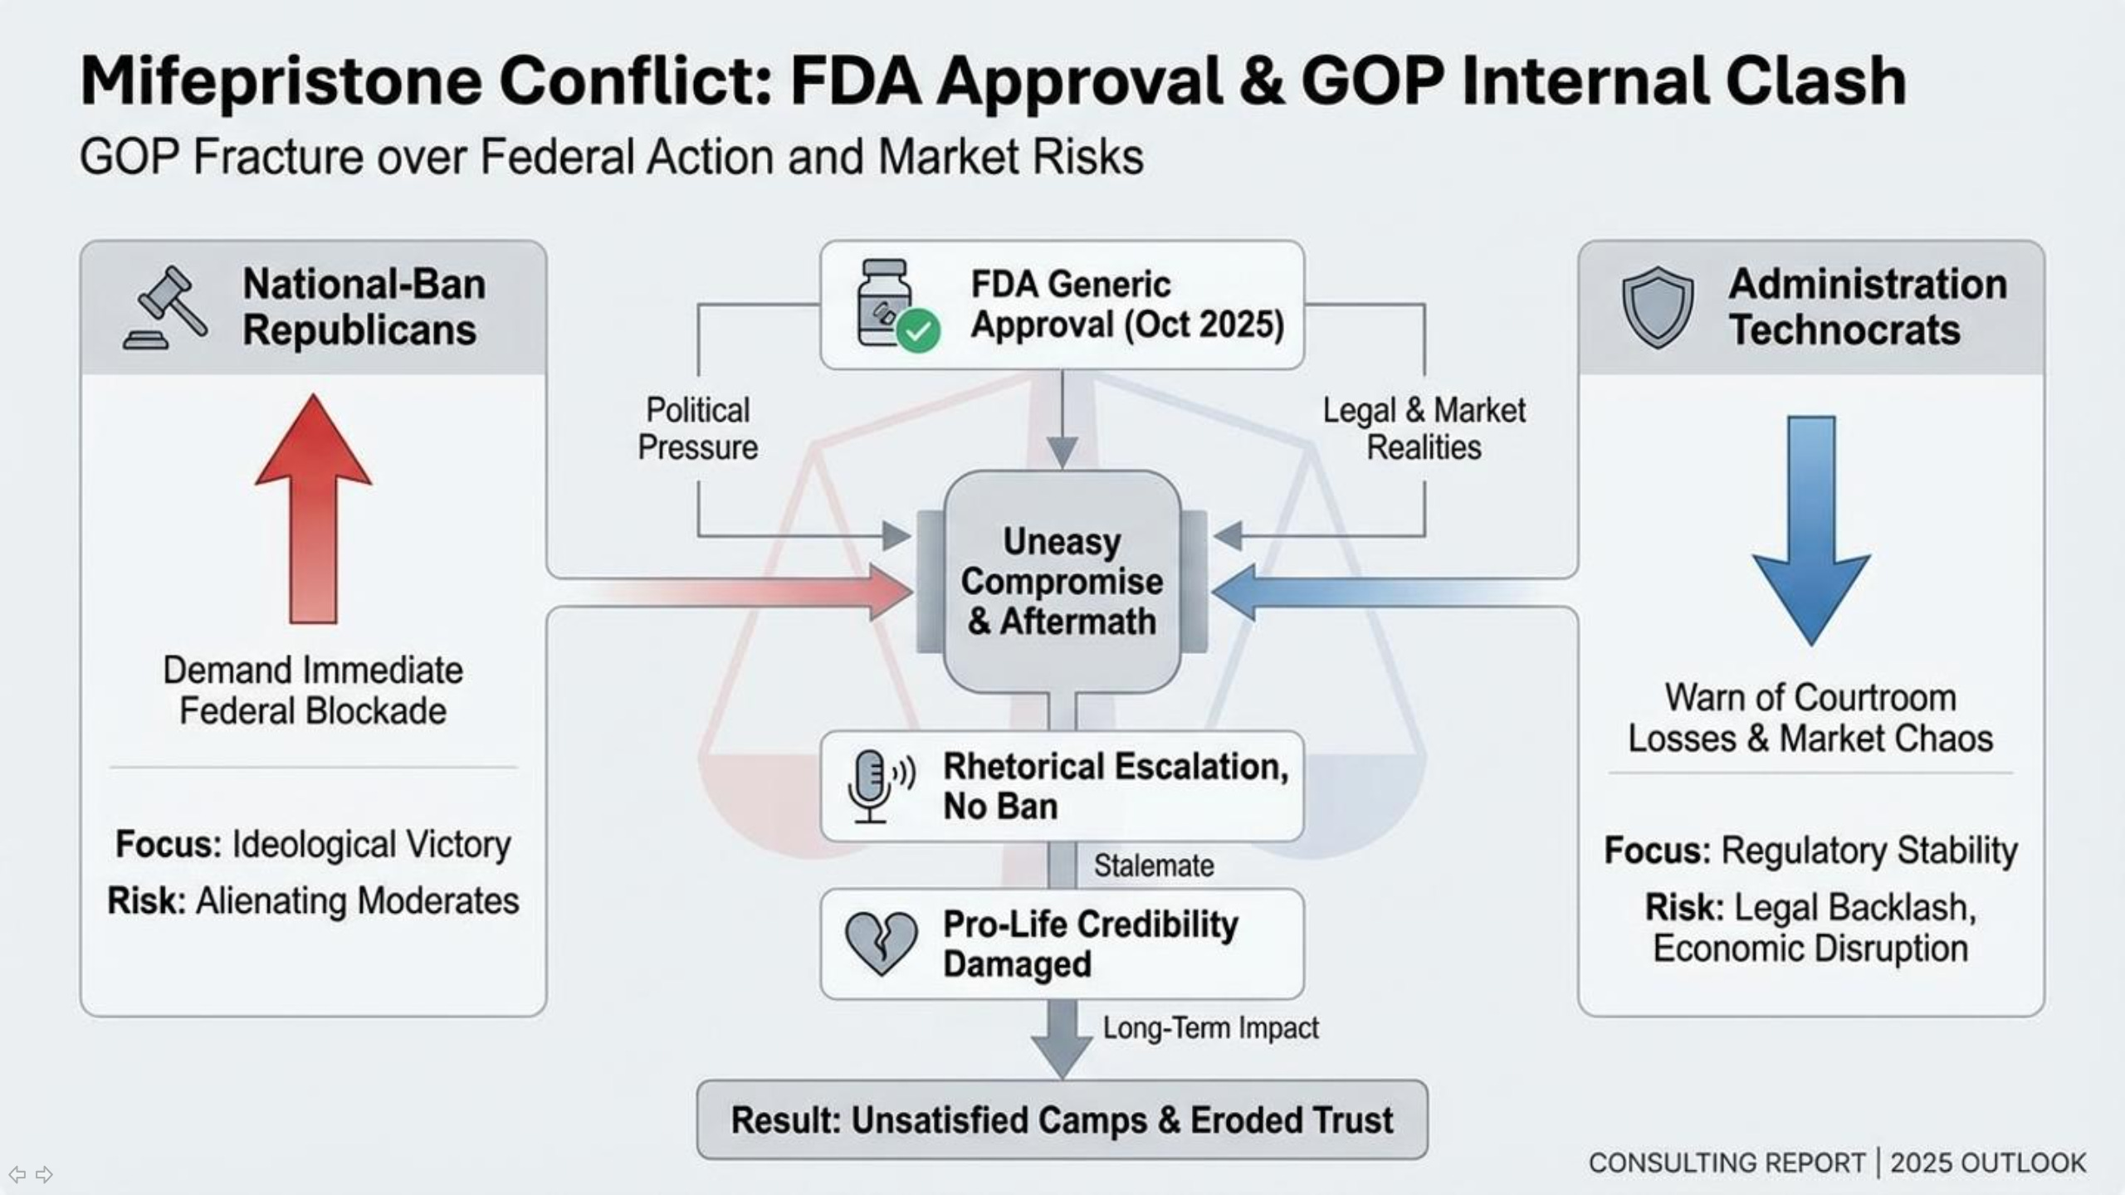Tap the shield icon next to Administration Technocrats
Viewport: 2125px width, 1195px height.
1657,306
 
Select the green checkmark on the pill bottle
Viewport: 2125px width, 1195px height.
918,331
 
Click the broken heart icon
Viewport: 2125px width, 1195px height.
881,944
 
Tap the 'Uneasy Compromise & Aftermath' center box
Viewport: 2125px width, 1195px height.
1062,581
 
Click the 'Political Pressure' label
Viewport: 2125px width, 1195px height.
697,428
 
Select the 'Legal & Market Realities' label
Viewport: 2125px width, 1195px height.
1424,428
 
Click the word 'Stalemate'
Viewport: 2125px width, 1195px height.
1153,866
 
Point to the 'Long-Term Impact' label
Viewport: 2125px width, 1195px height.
1209,1027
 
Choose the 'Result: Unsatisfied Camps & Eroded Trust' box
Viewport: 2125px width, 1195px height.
1062,1119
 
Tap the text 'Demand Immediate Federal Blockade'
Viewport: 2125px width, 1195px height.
313,690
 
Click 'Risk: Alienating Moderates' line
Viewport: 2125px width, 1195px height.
313,900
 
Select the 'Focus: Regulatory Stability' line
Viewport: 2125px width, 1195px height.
1810,850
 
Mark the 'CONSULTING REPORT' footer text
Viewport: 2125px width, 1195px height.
1727,1163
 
